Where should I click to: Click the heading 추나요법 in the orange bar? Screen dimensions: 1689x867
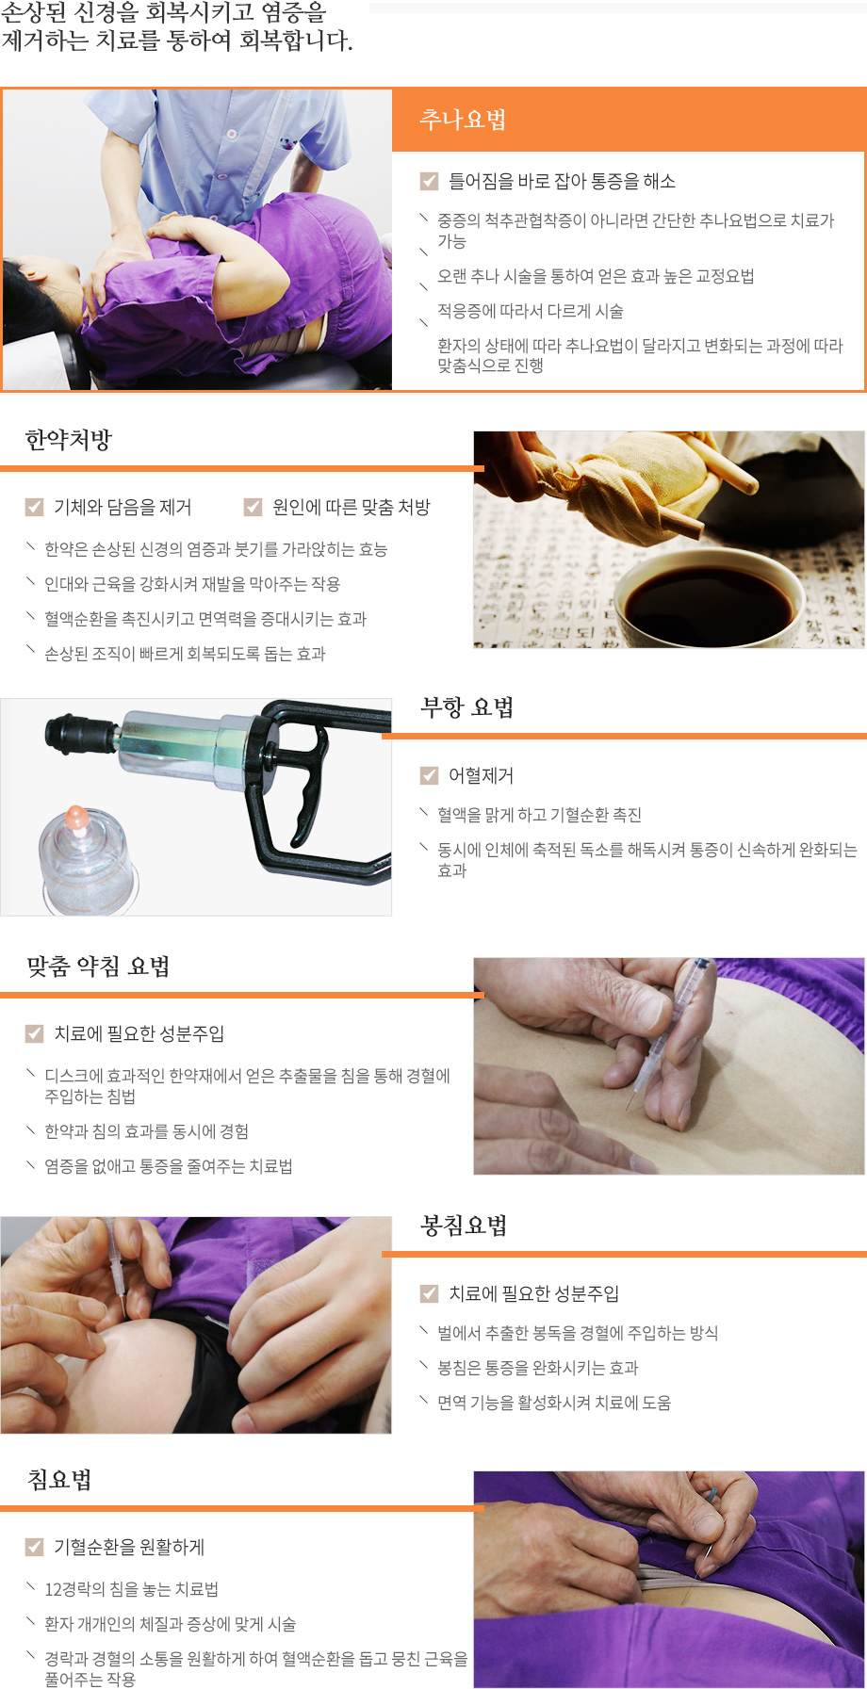coord(463,120)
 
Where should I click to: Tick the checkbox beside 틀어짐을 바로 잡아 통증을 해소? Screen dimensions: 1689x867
coord(429,181)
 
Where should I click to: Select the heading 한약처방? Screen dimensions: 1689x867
coord(69,440)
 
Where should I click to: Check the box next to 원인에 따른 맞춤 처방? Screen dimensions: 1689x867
coord(253,507)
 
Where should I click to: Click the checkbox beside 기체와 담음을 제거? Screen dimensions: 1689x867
coord(34,507)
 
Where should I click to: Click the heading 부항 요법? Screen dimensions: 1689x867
coord(467,707)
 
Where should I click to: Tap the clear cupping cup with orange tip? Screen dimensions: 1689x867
coord(83,857)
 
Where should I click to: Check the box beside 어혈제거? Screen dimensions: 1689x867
coord(429,775)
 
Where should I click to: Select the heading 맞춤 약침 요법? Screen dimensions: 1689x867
coord(98,966)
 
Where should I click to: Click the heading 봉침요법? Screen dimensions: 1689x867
coord(464,1226)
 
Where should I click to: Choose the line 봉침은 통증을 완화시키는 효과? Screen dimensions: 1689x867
coord(537,1368)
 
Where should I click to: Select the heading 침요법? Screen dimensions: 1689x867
coord(59,1480)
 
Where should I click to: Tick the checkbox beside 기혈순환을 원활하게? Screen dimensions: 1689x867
coord(34,1547)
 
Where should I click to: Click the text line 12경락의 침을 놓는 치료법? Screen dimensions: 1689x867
coord(131,1589)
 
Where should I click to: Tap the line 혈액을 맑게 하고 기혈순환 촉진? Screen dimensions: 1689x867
coord(539,815)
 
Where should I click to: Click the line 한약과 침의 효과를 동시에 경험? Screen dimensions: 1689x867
coord(146,1131)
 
